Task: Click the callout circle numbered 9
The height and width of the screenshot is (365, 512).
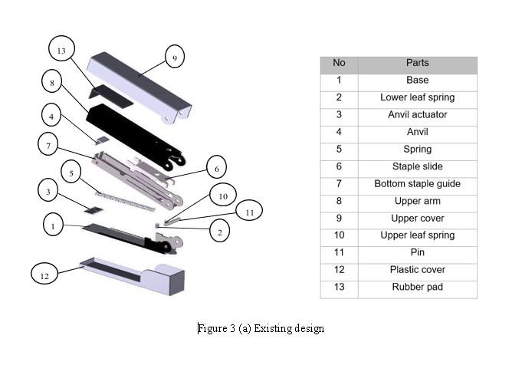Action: point(174,58)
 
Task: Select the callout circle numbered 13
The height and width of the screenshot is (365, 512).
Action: point(62,51)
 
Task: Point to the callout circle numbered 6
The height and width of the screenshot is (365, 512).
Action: point(217,168)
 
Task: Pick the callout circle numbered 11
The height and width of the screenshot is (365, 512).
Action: point(250,210)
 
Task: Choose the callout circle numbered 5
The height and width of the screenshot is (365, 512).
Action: point(71,173)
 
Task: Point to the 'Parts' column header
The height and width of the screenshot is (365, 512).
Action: point(417,63)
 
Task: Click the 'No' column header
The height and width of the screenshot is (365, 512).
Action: point(340,63)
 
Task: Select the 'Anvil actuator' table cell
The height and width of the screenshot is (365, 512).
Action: point(417,114)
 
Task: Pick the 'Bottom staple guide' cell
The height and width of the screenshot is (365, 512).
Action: point(417,184)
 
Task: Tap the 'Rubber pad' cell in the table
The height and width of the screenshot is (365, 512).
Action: point(417,288)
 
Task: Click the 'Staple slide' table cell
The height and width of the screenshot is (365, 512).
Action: point(417,166)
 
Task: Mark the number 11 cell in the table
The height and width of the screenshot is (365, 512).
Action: point(340,252)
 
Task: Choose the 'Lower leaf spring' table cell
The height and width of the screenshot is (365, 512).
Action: point(417,97)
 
